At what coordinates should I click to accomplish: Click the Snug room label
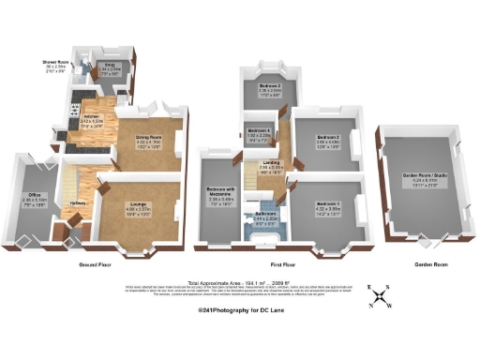click(x=108, y=65)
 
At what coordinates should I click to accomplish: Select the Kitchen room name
click(x=90, y=115)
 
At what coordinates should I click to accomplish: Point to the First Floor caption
click(x=284, y=265)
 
